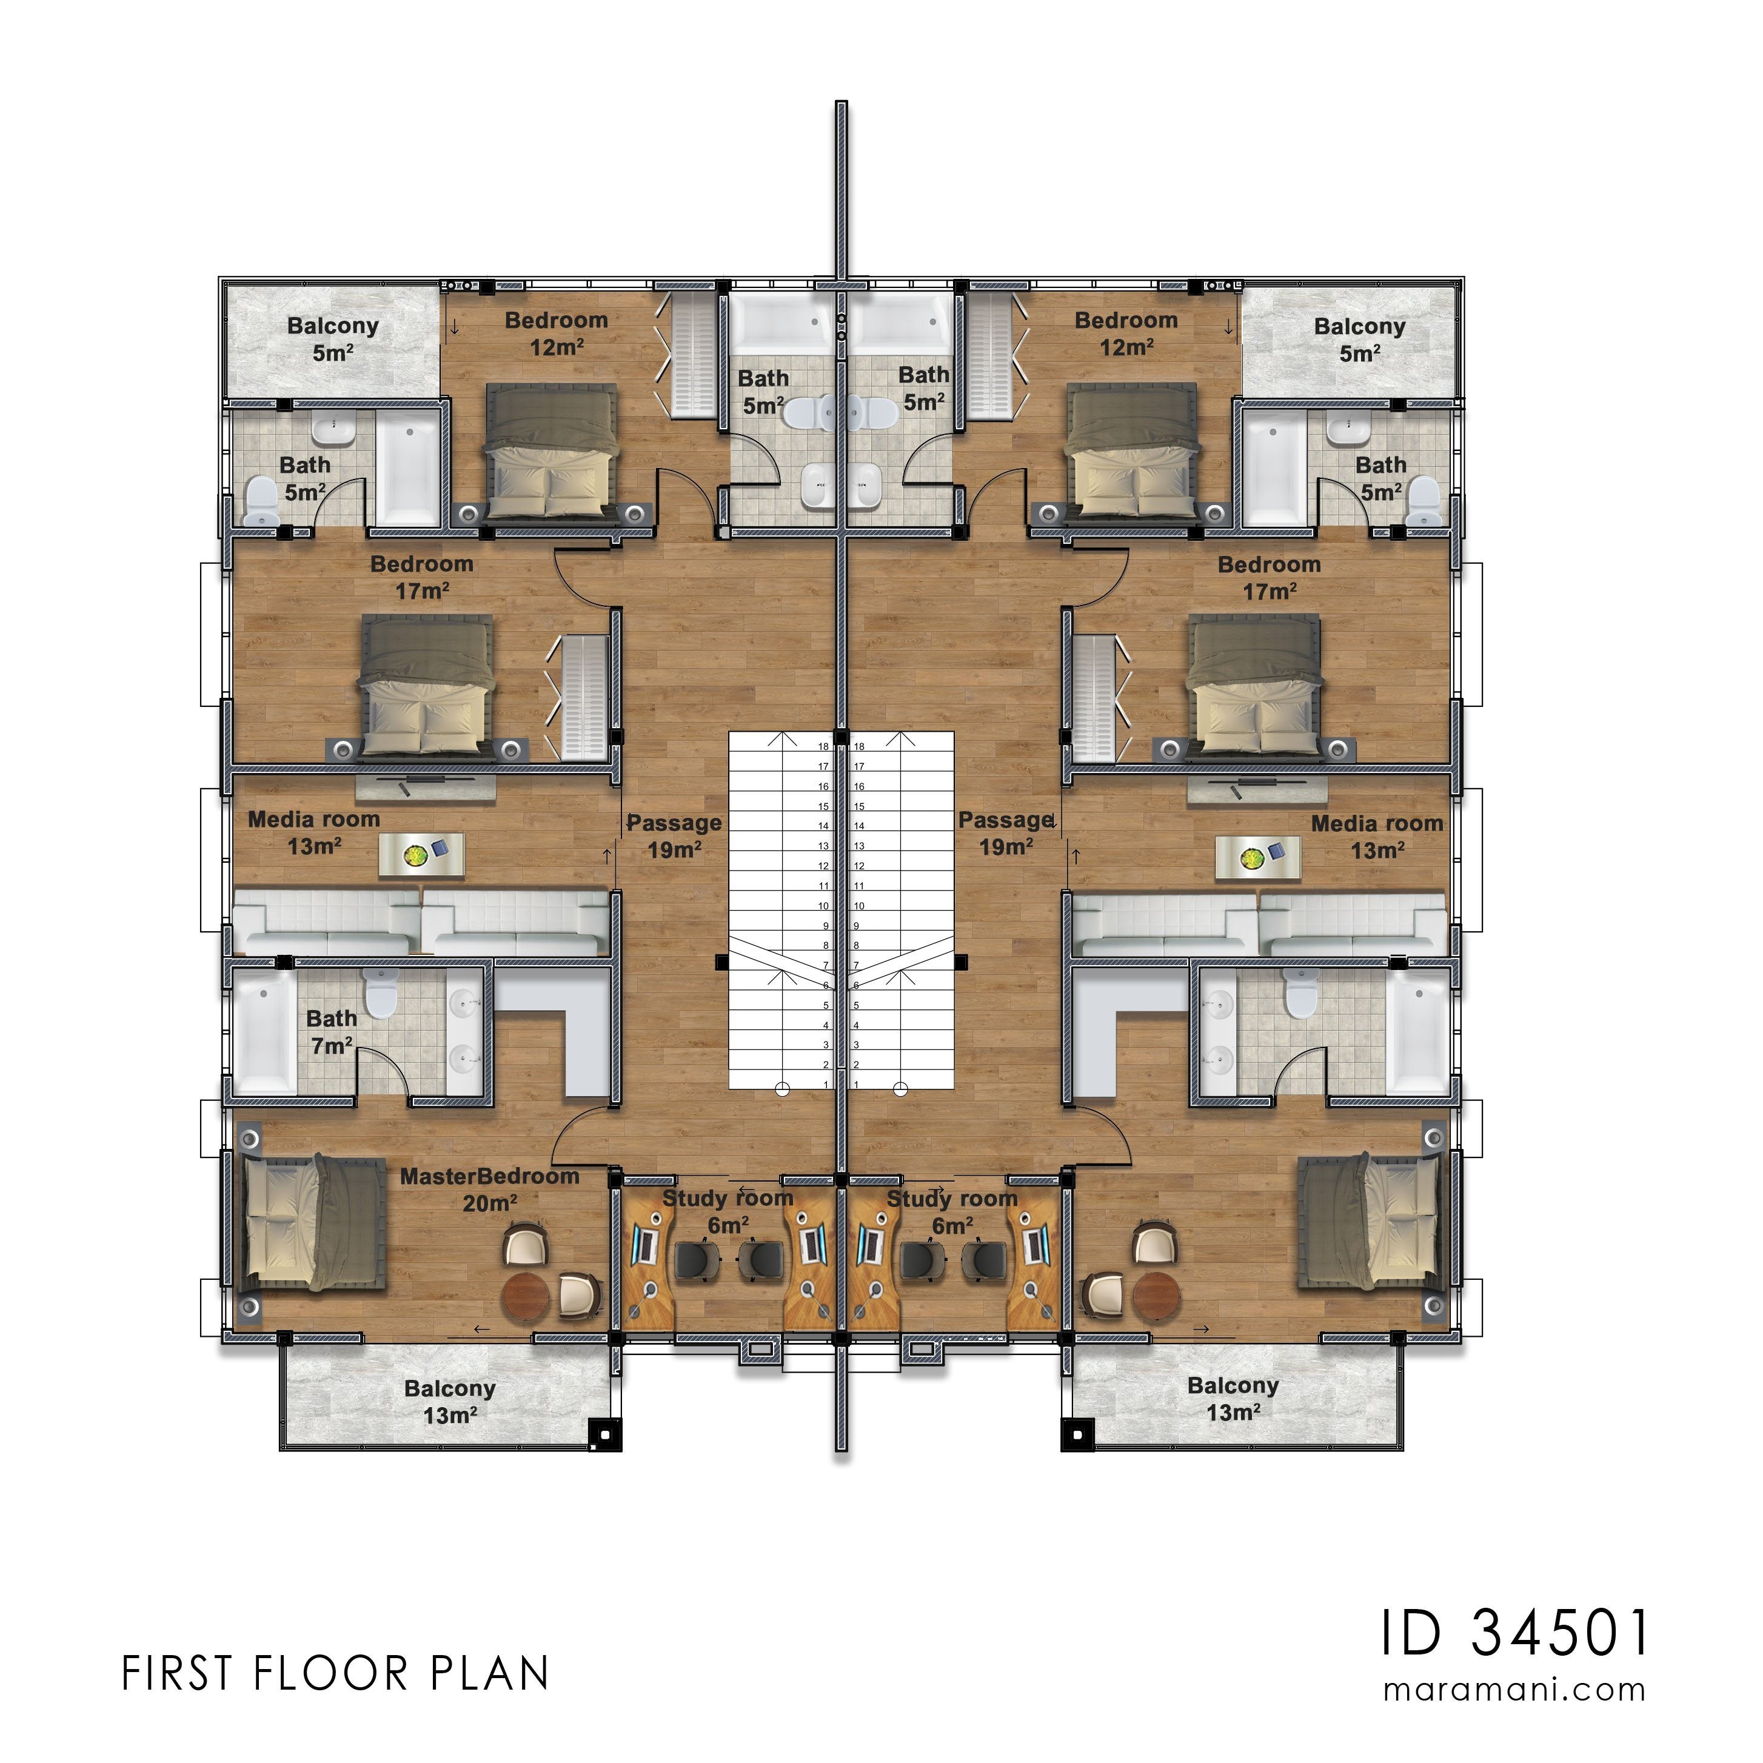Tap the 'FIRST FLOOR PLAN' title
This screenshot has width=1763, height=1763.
(336, 1673)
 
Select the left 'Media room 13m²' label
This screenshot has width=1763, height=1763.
(314, 833)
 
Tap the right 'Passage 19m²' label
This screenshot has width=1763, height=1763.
(1006, 833)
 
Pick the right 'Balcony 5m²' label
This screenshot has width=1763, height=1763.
(1360, 340)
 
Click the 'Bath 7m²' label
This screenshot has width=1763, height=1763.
(331, 1031)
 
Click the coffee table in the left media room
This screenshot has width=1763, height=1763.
(421, 856)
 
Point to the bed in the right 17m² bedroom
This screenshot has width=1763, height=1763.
(1255, 684)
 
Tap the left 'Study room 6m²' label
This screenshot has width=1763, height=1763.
(728, 1211)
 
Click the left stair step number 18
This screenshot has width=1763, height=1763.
(824, 746)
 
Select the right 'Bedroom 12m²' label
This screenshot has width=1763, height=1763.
(1126, 333)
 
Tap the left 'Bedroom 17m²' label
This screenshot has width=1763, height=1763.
(421, 577)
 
